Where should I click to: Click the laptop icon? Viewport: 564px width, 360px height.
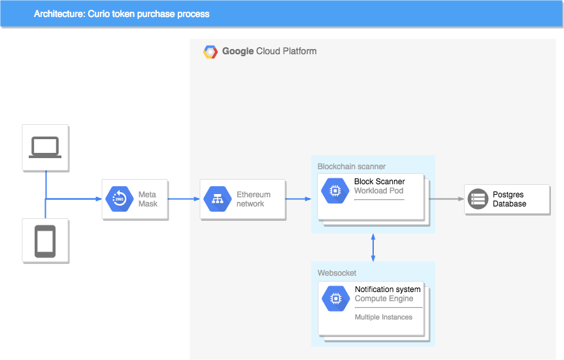point(45,148)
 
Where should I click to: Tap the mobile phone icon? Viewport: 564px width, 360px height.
point(45,241)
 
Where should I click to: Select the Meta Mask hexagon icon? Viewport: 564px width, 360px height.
point(120,199)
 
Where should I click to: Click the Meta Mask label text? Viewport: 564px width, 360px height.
point(148,199)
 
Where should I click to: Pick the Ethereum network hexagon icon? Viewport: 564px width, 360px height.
point(218,199)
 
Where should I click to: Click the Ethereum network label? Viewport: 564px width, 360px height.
point(254,199)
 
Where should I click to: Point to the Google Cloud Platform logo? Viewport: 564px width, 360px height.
point(210,52)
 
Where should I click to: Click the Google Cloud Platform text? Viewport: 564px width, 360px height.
point(269,52)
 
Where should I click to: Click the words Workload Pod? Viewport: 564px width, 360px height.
point(379,191)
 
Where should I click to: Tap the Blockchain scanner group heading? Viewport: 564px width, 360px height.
point(352,167)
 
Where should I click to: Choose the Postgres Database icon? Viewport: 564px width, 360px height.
point(478,199)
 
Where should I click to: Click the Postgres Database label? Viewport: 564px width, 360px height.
point(509,199)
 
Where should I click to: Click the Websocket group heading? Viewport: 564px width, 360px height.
point(337,273)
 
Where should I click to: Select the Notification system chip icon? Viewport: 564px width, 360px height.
point(336,298)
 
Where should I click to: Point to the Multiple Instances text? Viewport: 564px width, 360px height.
point(384,318)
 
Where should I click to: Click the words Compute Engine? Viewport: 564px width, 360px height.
point(384,299)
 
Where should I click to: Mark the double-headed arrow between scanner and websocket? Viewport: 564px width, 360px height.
point(373,248)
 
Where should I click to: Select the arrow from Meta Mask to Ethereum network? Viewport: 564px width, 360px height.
point(184,199)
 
